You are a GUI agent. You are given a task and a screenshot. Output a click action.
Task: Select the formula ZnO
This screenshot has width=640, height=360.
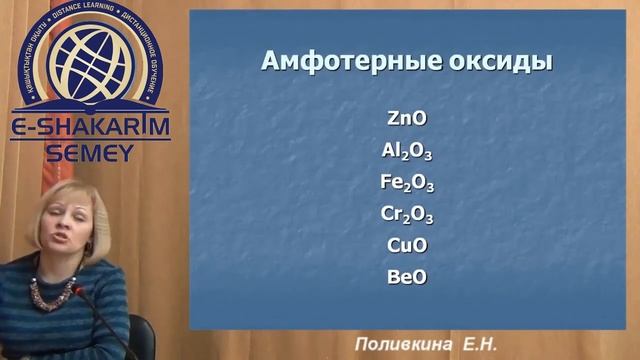407,118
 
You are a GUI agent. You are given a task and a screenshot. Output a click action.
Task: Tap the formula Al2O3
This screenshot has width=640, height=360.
407,151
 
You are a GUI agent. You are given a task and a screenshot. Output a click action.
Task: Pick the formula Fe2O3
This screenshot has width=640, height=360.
407,183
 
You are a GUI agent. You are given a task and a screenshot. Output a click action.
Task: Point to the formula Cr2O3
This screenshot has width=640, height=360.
407,214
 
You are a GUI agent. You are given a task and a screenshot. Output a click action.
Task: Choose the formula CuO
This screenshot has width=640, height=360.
407,245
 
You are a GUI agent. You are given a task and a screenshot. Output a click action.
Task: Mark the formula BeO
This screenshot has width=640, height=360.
407,276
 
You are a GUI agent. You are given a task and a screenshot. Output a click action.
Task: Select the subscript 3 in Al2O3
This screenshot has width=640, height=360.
428,156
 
